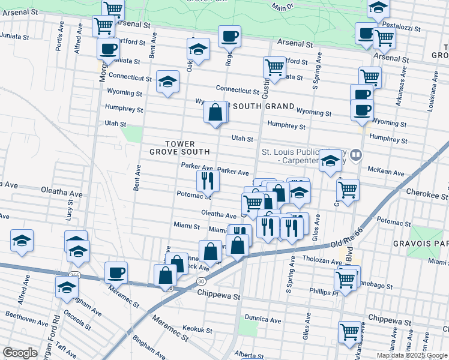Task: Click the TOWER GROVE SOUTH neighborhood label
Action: [172, 148]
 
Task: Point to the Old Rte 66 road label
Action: [349, 242]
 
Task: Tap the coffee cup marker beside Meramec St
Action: [116, 272]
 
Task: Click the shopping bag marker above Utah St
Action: [215, 112]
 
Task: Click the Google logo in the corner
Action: [20, 353]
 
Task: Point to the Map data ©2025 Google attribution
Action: [412, 355]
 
